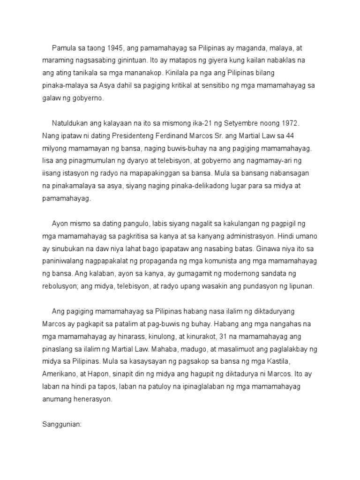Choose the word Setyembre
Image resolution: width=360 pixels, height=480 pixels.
pyautogui.click(x=242, y=123)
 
